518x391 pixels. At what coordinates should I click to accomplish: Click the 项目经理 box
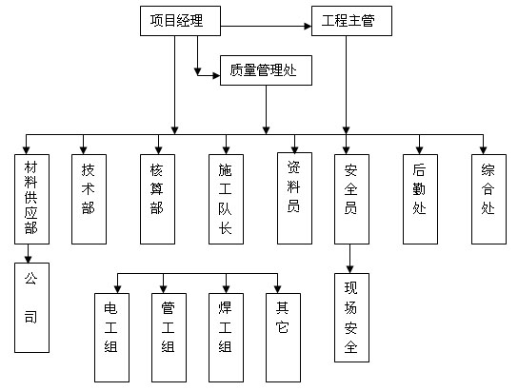tap(178, 20)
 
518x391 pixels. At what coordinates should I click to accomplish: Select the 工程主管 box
tap(350, 20)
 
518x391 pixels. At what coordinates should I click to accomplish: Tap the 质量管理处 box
tap(265, 69)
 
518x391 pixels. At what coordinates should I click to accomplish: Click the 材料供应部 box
tap(31, 198)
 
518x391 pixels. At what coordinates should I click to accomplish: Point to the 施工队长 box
tap(225, 198)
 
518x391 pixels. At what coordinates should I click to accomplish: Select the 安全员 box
tap(350, 198)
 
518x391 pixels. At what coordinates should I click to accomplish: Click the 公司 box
tap(31, 307)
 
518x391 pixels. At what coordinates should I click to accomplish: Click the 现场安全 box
tap(350, 318)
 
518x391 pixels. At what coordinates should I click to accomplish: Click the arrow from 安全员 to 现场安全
tap(350, 258)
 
